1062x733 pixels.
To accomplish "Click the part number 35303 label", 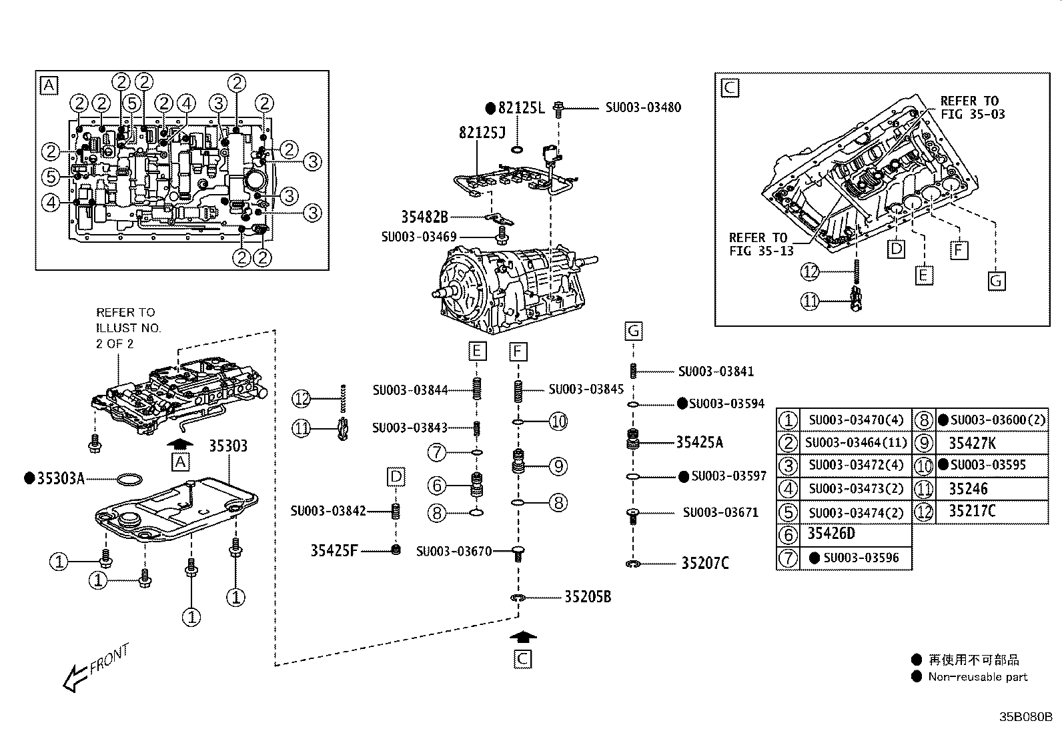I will coord(229,446).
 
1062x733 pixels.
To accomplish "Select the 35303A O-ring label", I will coord(60,478).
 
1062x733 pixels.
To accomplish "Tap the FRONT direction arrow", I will coord(93,669).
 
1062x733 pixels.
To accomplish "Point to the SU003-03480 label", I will coord(643,107).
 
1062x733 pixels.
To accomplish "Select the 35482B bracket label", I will coord(424,217).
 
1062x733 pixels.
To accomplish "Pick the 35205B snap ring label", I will coord(587,597).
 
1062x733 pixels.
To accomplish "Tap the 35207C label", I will coord(704,564).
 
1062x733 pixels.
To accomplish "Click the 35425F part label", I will coord(334,550).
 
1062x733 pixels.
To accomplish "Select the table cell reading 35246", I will coord(968,489).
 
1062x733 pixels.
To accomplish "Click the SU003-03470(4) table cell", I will coord(855,420).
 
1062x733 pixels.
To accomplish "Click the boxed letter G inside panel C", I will coord(995,281).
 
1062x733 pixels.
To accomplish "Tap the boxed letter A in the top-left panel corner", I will coord(49,85).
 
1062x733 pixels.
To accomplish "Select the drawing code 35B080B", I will coord(1025,718).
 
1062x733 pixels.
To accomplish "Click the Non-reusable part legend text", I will coord(977,677).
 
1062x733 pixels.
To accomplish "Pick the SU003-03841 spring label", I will coord(715,372).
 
